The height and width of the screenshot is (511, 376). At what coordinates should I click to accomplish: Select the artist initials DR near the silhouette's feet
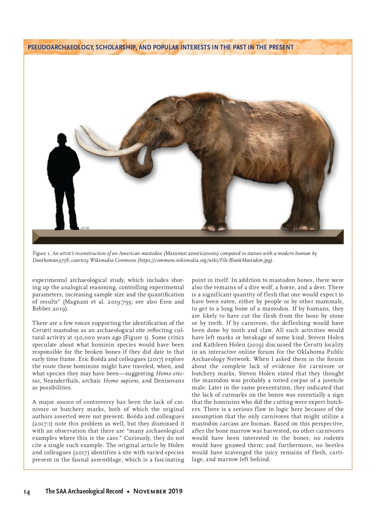(85, 228)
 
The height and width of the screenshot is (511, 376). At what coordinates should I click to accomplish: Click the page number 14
(27, 492)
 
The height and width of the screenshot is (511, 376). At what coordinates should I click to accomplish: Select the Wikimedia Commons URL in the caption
(206, 260)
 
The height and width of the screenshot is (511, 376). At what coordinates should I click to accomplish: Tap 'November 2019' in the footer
(158, 491)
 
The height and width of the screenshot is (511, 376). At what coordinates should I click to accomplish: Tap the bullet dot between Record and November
(128, 492)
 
